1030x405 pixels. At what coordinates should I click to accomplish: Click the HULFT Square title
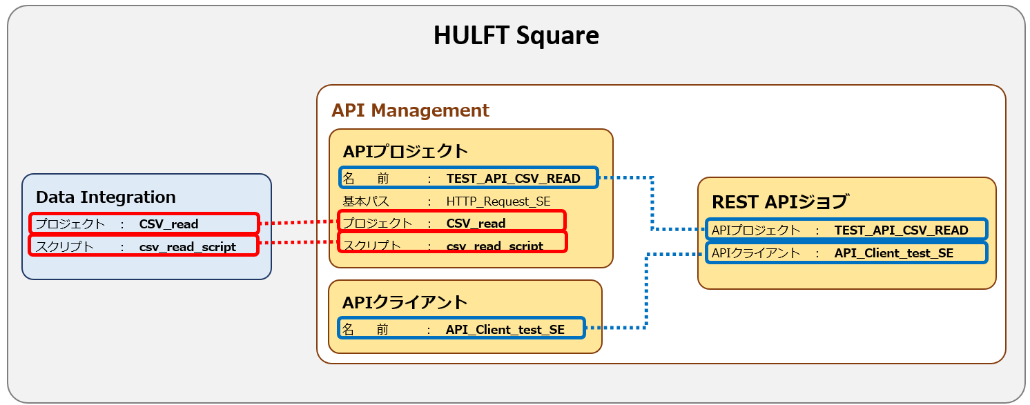click(x=516, y=36)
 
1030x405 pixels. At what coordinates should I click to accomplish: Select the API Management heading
click(x=410, y=110)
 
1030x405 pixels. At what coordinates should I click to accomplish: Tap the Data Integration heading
click(x=106, y=197)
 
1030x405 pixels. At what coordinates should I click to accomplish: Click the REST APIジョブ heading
click(x=779, y=202)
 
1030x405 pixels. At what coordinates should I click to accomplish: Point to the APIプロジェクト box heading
click(x=405, y=151)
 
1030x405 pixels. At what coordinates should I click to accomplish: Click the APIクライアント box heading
click(x=405, y=302)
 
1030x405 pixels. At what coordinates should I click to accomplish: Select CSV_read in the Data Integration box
click(x=168, y=224)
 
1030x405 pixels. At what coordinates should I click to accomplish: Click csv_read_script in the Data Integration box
click(x=187, y=246)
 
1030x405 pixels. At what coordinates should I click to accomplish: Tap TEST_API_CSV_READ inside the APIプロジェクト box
click(x=513, y=179)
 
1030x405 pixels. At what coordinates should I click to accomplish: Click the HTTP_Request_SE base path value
click(x=498, y=201)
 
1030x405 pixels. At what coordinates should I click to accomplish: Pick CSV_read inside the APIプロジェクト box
click(x=476, y=224)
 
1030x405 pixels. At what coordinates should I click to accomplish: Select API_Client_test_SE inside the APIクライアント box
click(x=505, y=330)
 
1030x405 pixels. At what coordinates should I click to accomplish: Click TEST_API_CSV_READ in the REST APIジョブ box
click(x=901, y=230)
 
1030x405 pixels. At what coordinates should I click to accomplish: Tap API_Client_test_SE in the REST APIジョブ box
click(x=893, y=253)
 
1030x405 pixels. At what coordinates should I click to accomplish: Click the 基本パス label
click(x=366, y=201)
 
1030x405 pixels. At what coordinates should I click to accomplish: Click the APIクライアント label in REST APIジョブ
click(x=755, y=253)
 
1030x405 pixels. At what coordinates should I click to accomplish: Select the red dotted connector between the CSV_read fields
click(x=298, y=222)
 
